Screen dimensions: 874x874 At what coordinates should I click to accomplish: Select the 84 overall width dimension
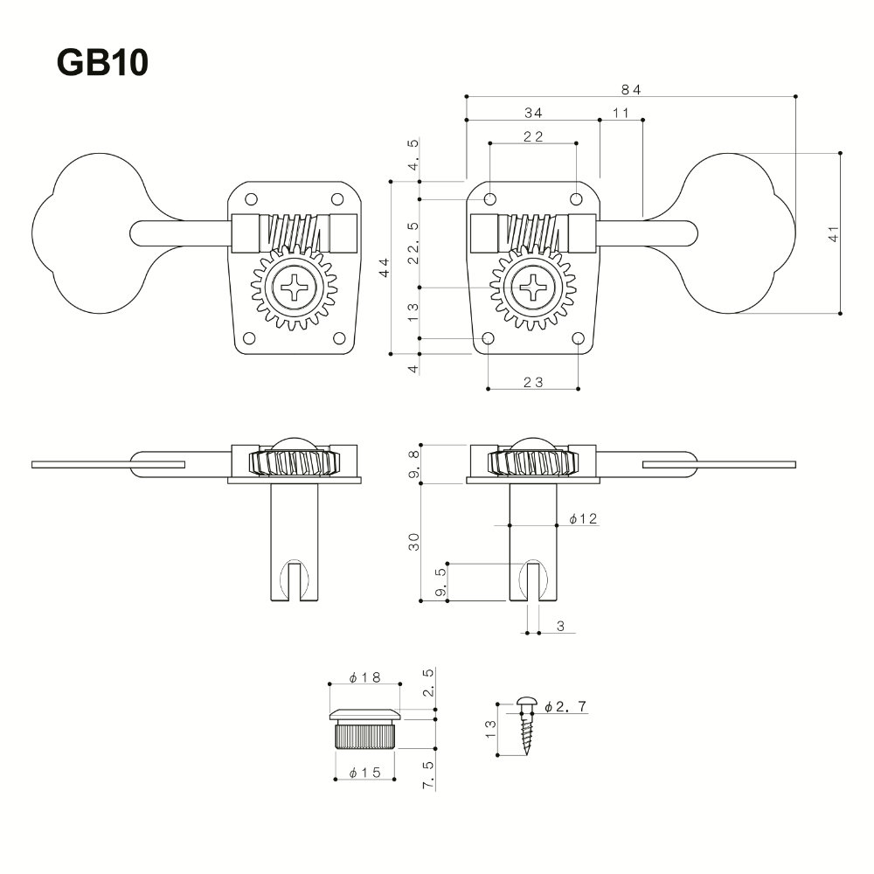coord(631,89)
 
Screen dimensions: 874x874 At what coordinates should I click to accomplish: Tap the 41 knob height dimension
coord(833,233)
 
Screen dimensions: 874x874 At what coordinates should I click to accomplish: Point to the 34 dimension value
coord(533,113)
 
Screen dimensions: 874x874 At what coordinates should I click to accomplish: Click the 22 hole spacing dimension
coord(533,135)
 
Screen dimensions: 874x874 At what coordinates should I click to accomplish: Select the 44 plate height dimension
coord(384,268)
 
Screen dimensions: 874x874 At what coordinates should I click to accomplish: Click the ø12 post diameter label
coord(582,518)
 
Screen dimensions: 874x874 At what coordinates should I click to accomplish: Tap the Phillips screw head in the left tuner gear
coord(294,287)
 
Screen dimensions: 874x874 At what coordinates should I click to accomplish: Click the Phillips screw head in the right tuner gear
coord(533,287)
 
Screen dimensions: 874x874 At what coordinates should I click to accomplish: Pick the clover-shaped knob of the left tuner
coord(79,232)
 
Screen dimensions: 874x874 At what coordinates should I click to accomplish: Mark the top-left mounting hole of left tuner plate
coord(251,198)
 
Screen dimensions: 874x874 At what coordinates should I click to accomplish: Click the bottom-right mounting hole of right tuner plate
coord(578,338)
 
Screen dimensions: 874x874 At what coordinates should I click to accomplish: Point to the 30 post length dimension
coord(414,541)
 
